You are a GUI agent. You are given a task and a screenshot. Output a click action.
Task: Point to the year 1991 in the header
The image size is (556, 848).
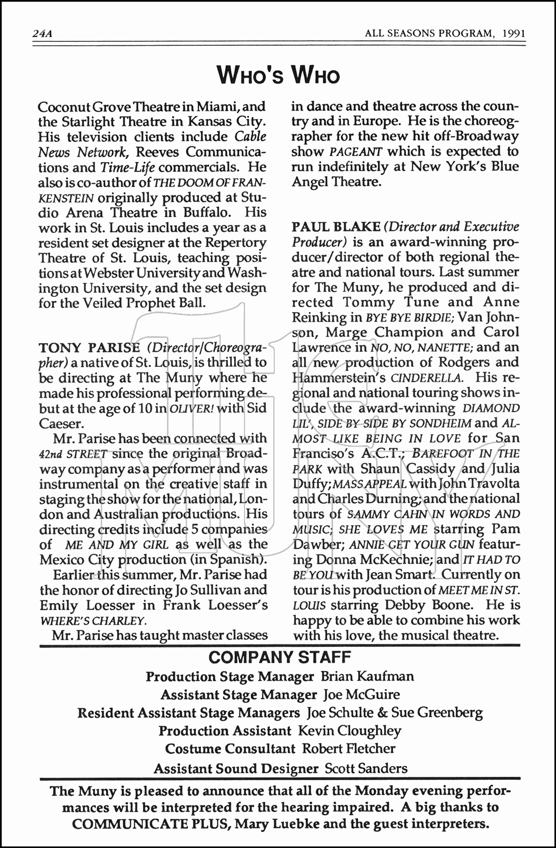coord(513,33)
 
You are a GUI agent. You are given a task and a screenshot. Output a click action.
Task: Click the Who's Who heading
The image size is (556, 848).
coord(278,75)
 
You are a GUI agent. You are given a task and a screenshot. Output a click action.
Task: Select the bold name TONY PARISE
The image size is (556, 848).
coord(89,347)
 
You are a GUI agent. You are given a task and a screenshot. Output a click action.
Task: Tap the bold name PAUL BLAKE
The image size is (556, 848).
coord(336,227)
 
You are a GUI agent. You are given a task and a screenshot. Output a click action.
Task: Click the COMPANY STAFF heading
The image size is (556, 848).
coord(280,657)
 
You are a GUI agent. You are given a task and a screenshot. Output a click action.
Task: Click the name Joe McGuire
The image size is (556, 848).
coord(362,694)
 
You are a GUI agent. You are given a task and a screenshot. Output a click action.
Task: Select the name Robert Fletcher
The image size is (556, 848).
coord(348,749)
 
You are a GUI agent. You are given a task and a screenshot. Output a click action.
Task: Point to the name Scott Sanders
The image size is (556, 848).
coord(366,768)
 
